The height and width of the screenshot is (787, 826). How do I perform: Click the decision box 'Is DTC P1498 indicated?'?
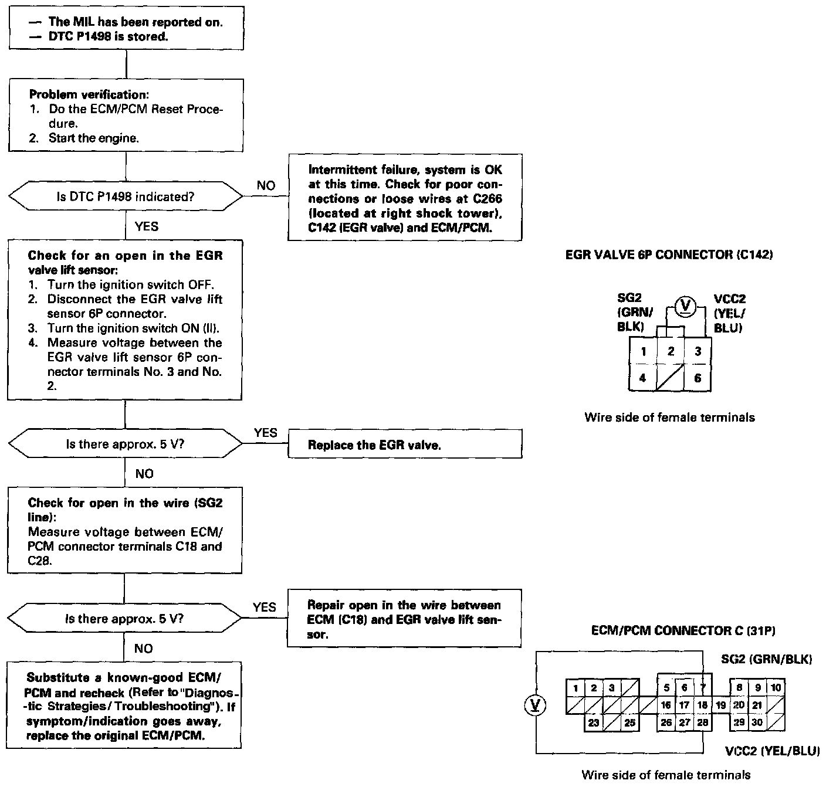click(125, 197)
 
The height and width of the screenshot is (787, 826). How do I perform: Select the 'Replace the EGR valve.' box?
click(405, 445)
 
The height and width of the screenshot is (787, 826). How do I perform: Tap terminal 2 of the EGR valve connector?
click(671, 351)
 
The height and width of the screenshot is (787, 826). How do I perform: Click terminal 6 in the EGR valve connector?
click(698, 378)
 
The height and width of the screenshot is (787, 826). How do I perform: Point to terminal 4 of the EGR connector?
click(643, 378)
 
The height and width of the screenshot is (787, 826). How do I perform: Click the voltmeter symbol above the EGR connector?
click(684, 306)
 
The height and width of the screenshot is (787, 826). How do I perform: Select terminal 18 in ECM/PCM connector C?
click(703, 705)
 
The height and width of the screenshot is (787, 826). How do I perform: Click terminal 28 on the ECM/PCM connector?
click(703, 722)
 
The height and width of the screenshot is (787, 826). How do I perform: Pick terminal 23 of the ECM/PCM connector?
click(594, 722)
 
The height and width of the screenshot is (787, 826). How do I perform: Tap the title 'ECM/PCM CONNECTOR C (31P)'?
click(684, 631)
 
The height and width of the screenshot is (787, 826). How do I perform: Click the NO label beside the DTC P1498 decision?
click(266, 185)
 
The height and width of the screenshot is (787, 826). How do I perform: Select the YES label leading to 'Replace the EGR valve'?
click(265, 433)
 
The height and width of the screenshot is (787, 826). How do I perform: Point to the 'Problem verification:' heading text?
click(88, 94)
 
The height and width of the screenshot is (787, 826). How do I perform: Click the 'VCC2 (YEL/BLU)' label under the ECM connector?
click(772, 751)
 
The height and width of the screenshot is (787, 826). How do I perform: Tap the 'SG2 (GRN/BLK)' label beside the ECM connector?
click(766, 659)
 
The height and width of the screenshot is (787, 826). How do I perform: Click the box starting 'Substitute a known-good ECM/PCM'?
click(124, 706)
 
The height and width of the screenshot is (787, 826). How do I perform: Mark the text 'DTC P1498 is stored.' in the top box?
click(109, 36)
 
